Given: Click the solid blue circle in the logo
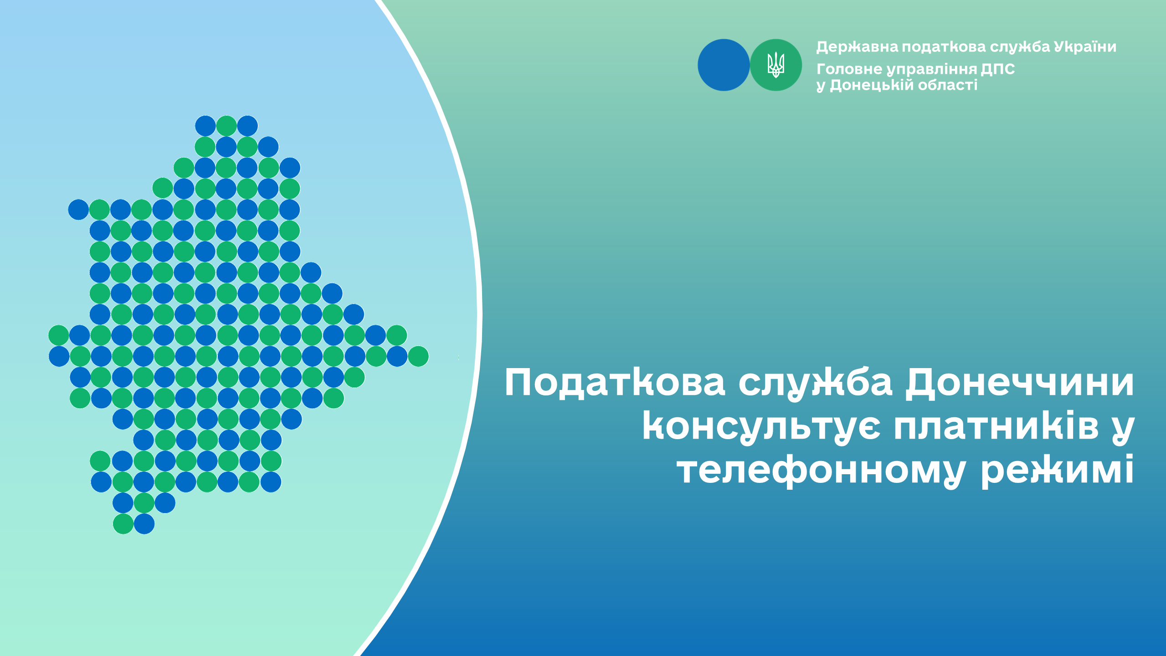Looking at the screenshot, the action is (x=724, y=65).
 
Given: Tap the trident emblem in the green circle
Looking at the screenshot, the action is (x=776, y=65).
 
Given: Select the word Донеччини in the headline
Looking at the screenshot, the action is (x=1019, y=383).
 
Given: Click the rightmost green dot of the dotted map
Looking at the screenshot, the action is (x=418, y=356).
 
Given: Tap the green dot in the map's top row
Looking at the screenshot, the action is (x=226, y=126).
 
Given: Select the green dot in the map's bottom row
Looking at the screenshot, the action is (x=123, y=524).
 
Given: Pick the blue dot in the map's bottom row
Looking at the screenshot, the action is (x=144, y=524).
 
